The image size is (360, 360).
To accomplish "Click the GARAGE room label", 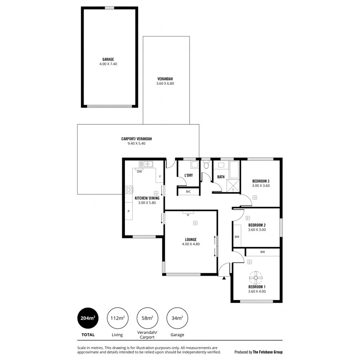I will coord(108,59).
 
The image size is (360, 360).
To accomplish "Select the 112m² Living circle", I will coord(117,318).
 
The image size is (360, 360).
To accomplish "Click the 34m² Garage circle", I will coord(177,318).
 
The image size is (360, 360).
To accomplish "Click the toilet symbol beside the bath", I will coord(206,165).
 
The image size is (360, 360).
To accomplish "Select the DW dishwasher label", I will coord(139,172).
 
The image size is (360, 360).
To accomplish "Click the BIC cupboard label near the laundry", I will coord(188,192).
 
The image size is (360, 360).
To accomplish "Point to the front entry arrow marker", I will coord(224,278).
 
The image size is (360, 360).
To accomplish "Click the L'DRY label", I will coord(188,175).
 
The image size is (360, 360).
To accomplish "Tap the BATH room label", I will coord(221,177).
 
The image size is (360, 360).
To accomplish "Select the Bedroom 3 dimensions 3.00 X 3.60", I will coord(261,186).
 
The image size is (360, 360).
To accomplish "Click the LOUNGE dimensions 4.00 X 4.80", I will coord(191,244).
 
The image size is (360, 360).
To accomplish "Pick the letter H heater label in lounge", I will coord(188,215).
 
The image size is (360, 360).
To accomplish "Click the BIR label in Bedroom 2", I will coord(237,237).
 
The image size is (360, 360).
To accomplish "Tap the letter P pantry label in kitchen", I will coord(128,211).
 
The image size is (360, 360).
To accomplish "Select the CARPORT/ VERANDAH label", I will coord(136,139).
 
